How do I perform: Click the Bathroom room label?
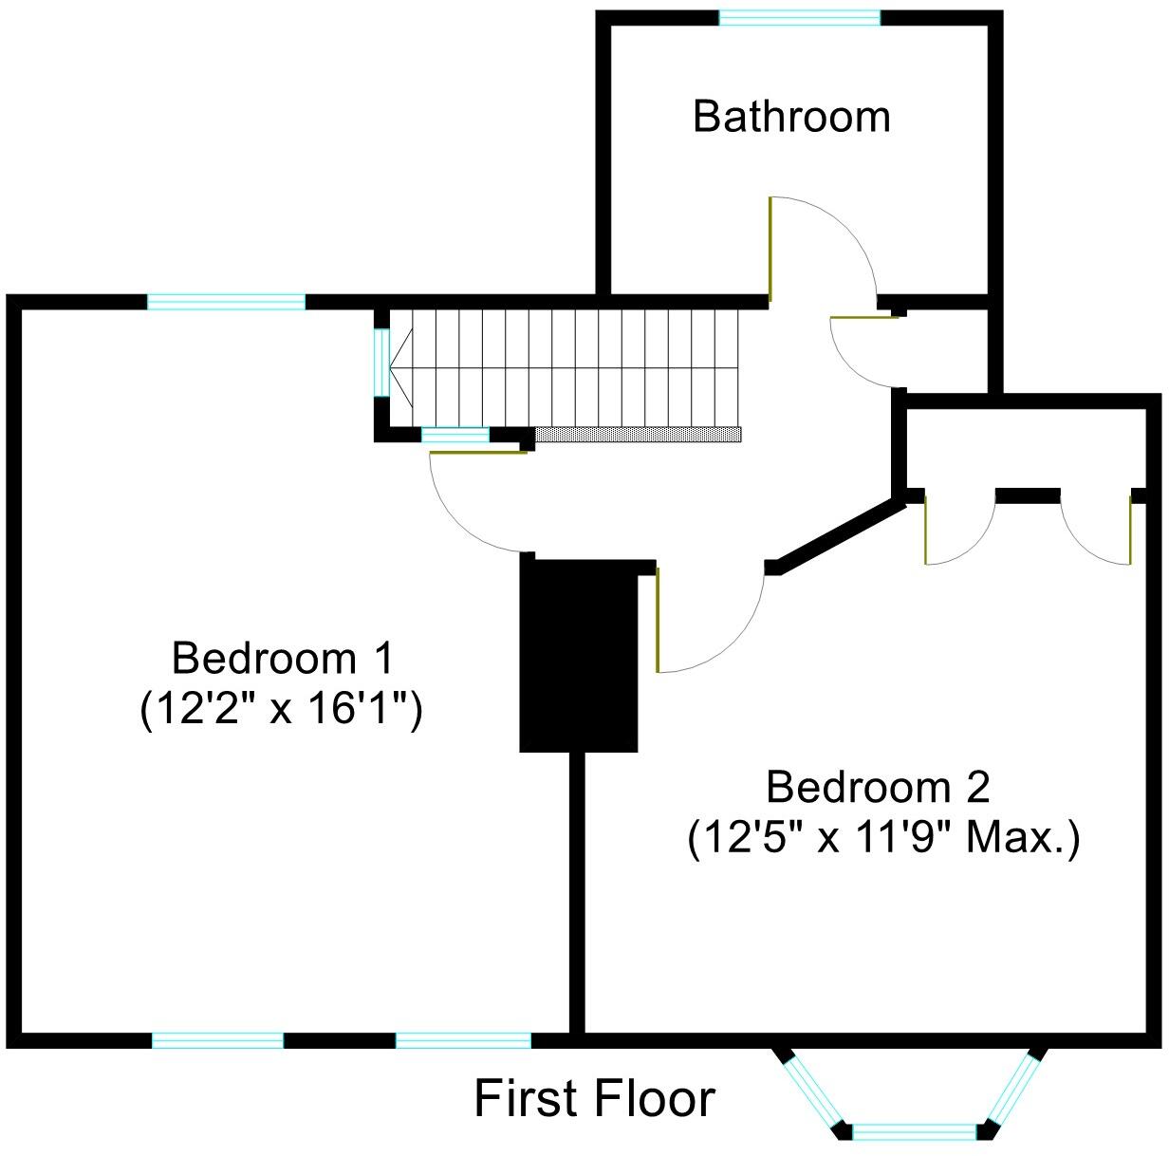click(791, 117)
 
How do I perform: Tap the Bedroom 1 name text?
click(282, 658)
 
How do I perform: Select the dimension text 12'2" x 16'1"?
click(282, 709)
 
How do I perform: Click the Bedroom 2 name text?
click(878, 788)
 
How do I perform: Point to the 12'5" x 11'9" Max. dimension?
click(883, 838)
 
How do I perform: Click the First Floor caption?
click(594, 1099)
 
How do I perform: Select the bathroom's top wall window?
click(799, 17)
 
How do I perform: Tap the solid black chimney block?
click(579, 655)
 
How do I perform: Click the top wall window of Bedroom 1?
click(227, 302)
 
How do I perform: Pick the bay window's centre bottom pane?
click(915, 1131)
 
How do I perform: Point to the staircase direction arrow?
click(399, 367)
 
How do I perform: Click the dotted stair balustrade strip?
click(638, 434)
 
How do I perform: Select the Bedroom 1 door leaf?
click(478, 453)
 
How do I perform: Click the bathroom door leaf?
click(770, 247)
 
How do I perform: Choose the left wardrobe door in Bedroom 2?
click(926, 529)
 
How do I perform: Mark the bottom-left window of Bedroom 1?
click(218, 1040)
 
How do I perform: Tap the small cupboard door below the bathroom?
click(863, 317)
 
